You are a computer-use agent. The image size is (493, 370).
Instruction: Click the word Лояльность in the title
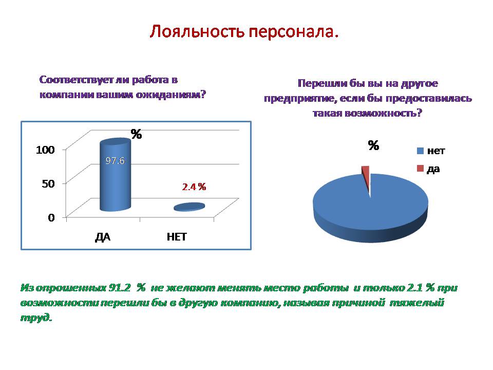pos(197,31)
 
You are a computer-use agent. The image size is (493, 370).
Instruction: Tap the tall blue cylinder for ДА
pos(115,175)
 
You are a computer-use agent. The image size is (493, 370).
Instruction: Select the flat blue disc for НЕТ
pos(189,207)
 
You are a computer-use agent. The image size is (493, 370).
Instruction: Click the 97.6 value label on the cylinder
pos(115,161)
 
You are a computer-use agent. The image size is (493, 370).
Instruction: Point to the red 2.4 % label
pos(194,187)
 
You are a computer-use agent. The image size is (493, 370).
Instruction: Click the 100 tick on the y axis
pos(45,150)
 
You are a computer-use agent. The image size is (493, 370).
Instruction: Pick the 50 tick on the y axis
pos(48,183)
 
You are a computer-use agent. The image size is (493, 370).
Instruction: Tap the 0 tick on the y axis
pos(51,217)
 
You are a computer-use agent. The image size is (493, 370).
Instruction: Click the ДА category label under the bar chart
pos(103,237)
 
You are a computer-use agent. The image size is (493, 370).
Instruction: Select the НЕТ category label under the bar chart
pos(177,236)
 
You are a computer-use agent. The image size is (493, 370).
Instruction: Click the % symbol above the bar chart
pos(136,134)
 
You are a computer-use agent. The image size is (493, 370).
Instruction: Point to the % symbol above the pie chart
pos(373,145)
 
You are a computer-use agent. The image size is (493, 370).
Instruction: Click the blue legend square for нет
pos(420,151)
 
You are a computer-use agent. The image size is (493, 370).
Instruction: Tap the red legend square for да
pos(420,169)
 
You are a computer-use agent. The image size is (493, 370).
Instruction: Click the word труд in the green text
pos(35,318)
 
